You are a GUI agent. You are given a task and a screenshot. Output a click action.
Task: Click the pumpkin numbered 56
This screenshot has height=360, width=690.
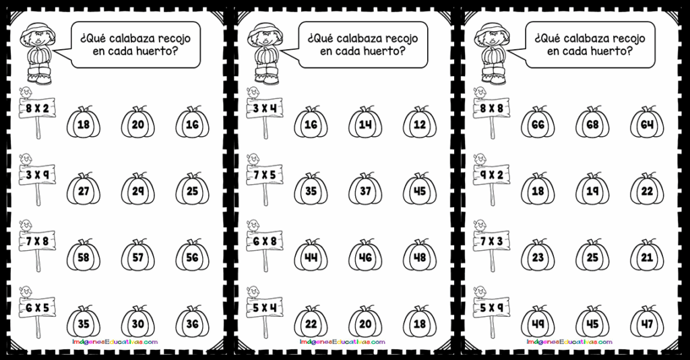192,256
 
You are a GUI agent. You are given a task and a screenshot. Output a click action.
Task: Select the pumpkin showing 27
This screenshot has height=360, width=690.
84,190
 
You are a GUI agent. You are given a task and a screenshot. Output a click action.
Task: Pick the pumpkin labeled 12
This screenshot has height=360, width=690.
420,123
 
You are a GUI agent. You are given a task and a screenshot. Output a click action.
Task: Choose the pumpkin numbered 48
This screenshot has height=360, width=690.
420,256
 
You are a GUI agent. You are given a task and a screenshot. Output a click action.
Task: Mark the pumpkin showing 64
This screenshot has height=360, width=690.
646,123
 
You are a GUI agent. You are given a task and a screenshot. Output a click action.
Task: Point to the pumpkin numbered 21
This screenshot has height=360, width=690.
646,256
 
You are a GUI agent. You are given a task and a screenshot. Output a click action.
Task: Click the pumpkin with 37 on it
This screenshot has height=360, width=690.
365,190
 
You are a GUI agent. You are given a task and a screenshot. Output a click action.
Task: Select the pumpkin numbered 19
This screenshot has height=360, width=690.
592,190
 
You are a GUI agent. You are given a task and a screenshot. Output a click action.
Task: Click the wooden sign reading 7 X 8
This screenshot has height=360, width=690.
38,239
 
